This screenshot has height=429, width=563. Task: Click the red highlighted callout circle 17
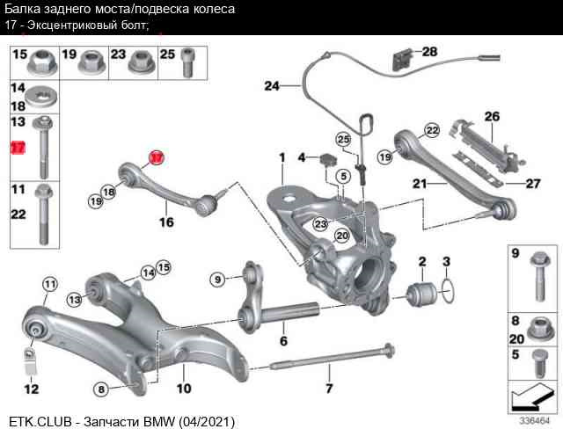156,158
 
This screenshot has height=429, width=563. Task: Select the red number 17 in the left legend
18,148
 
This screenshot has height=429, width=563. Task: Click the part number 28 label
429,52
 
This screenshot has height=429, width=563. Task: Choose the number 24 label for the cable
272,86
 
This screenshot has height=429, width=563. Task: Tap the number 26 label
491,116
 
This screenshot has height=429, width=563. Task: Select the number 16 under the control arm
166,222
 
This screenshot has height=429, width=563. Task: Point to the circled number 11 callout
49,284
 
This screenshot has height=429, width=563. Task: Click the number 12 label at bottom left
31,388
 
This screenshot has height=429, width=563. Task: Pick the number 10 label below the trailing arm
184,388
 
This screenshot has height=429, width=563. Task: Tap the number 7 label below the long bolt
329,388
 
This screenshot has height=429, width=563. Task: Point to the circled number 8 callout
102,389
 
